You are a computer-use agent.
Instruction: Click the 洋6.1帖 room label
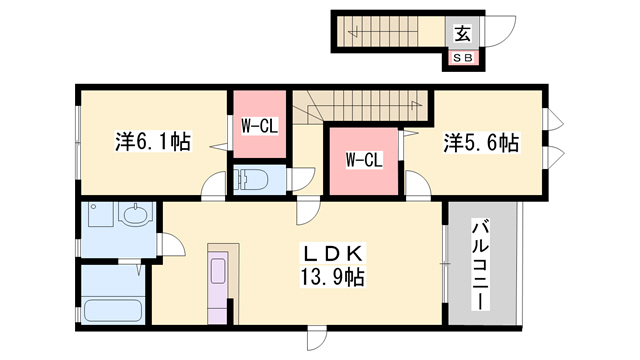(153, 143)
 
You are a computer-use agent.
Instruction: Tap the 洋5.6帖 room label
(481, 143)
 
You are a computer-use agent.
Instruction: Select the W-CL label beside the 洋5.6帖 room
(364, 159)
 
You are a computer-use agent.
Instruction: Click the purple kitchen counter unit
(219, 283)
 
